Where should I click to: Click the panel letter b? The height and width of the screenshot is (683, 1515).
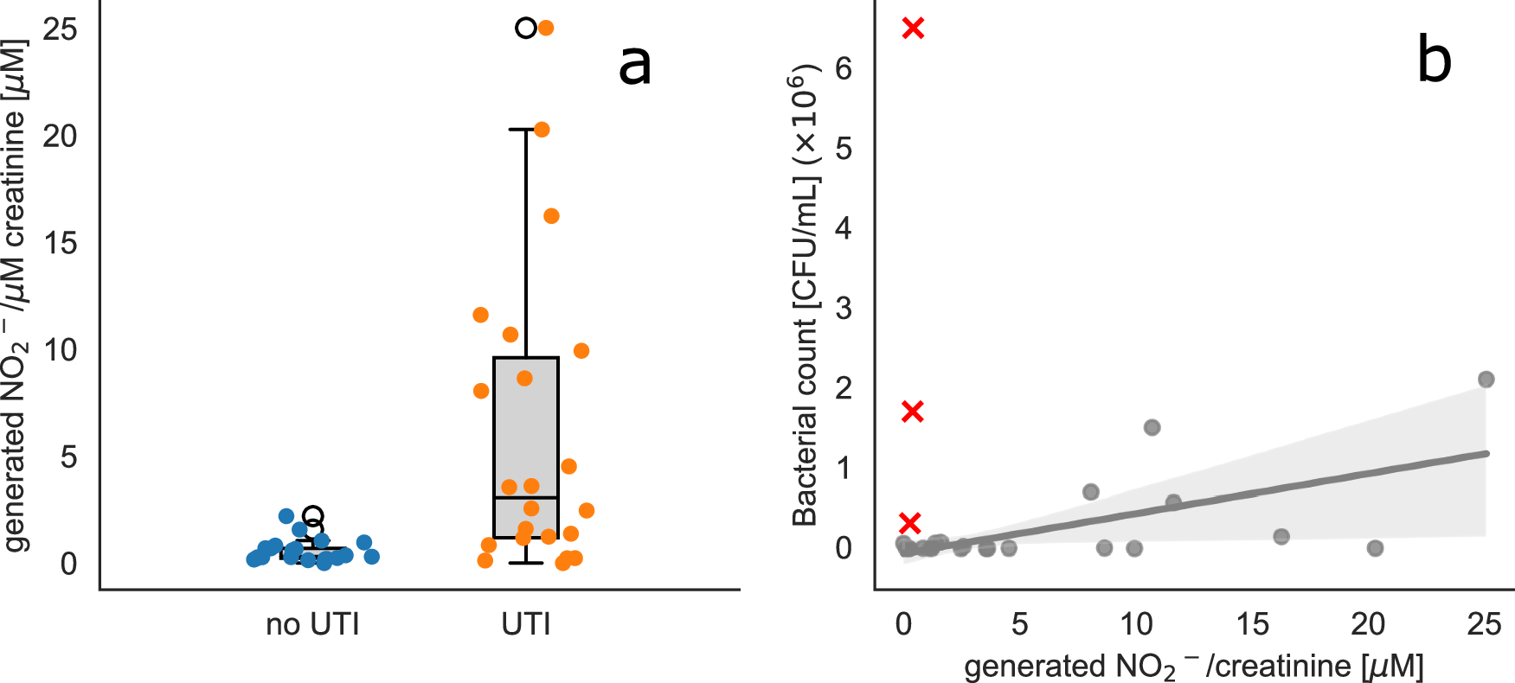pos(1434,61)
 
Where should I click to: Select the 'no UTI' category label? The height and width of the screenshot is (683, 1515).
pos(312,624)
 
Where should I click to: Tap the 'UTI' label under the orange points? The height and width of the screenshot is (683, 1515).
pos(526,624)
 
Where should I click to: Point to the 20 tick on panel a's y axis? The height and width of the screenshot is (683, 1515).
pos(61,136)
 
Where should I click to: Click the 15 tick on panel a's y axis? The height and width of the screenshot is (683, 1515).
pos(61,243)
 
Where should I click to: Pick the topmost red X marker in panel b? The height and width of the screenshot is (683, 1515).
pos(913,29)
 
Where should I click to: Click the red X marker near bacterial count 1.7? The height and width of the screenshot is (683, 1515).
pos(912,412)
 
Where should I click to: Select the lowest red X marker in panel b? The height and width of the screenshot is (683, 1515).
pos(909,523)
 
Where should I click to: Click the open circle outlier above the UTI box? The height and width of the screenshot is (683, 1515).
pos(525,28)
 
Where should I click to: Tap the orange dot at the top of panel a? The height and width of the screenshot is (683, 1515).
pos(546,28)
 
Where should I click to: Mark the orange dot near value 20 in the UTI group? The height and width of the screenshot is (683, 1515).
pos(542,130)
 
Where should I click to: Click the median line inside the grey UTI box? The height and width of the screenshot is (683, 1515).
pos(526,497)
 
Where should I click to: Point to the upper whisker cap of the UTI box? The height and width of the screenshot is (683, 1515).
pos(526,129)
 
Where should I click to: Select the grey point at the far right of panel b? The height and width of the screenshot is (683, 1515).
pos(1486,380)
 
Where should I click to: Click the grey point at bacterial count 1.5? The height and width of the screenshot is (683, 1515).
pos(1152,427)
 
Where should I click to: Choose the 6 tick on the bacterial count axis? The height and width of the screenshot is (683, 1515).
pos(844,68)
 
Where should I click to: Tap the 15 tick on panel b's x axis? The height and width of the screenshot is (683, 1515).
pos(1252,624)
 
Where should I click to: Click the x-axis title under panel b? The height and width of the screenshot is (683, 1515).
pos(1193,667)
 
